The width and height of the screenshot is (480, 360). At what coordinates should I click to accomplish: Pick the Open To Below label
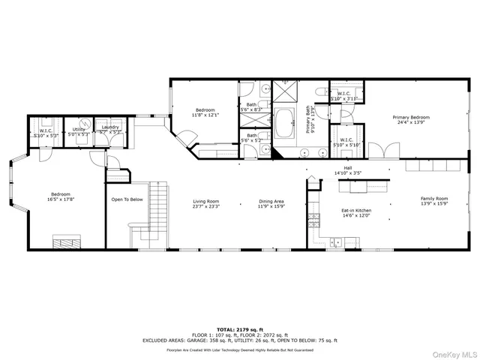coord(127,199)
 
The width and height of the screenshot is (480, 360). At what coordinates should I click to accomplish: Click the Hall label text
coord(348,168)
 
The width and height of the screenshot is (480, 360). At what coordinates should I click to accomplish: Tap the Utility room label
coord(78,130)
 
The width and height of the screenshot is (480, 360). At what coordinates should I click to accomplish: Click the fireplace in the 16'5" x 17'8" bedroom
coord(65,241)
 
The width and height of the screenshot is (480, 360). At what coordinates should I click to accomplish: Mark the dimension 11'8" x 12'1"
coord(205,115)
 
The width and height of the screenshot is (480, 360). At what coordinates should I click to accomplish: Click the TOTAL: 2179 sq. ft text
coord(239,328)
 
